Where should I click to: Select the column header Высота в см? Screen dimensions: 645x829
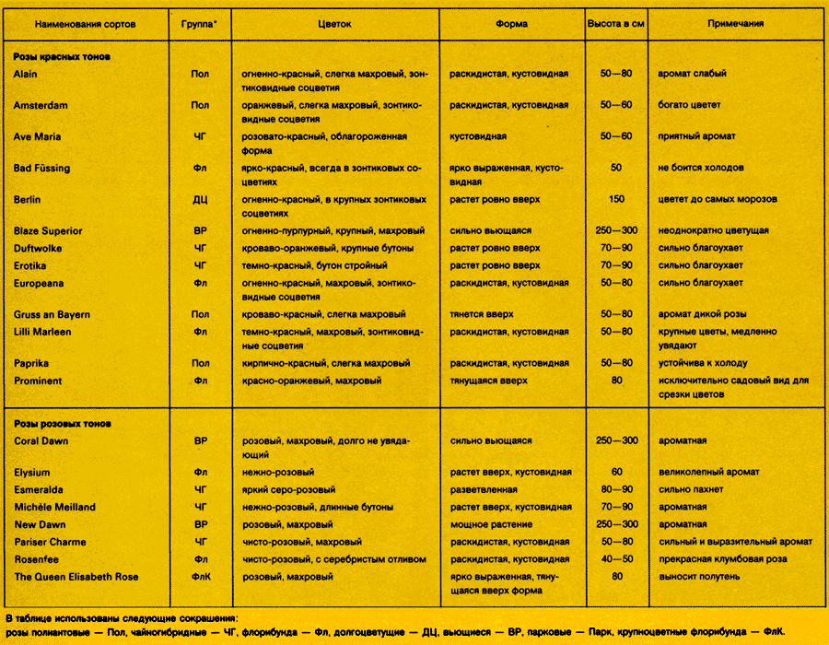[x=615, y=24]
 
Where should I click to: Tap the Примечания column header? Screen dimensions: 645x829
[x=735, y=24]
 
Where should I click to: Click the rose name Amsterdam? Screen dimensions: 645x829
[x=41, y=106]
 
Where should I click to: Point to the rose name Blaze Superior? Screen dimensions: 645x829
[x=48, y=230]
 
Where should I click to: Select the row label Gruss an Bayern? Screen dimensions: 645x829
[x=52, y=314]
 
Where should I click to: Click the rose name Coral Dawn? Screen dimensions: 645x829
[x=41, y=441]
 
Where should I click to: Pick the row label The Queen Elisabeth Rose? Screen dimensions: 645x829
[x=76, y=577]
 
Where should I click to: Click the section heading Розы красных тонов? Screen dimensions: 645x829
[x=63, y=57]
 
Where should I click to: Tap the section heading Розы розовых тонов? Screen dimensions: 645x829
[x=63, y=424]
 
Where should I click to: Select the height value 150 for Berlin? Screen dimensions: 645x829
[x=616, y=199]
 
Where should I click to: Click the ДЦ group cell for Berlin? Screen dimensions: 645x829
[x=200, y=199]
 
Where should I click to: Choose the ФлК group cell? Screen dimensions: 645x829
[x=200, y=577]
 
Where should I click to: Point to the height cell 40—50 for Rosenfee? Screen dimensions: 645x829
[x=616, y=559]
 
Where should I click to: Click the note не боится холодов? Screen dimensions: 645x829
[x=701, y=168]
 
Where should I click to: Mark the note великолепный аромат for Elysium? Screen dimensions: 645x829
[x=709, y=473]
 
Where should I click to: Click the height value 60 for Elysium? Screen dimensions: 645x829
[x=616, y=473]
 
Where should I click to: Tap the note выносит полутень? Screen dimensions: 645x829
[x=699, y=577]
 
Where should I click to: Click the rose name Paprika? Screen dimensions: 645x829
[x=31, y=363]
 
